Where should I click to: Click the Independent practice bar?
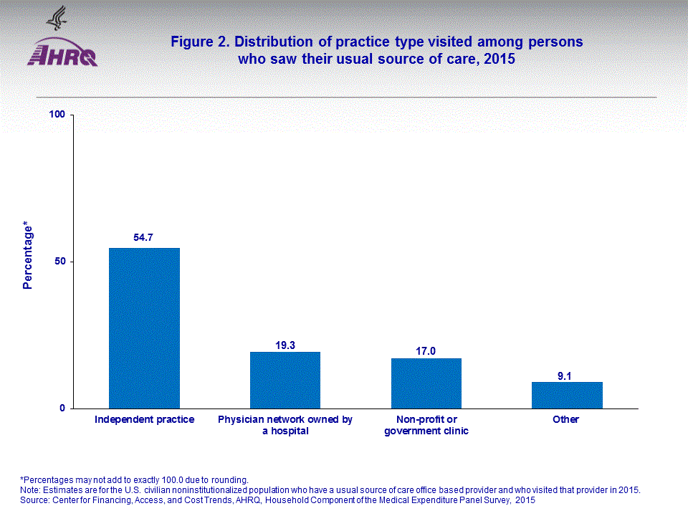[x=144, y=328]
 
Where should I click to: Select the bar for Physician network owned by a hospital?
[x=285, y=380]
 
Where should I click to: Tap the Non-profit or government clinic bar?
[x=426, y=383]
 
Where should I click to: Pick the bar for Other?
[x=567, y=395]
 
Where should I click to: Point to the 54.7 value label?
[x=144, y=237]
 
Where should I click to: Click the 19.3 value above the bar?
[x=285, y=345]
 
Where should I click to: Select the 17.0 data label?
[x=426, y=351]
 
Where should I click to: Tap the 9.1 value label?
[x=567, y=375]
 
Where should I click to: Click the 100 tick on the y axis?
[x=57, y=115]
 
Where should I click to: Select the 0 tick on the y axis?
[x=63, y=408]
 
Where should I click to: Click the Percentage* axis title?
[x=28, y=256]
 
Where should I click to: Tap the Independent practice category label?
[x=144, y=419]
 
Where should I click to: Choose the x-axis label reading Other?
[x=565, y=419]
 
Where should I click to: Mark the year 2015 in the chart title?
[x=500, y=59]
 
